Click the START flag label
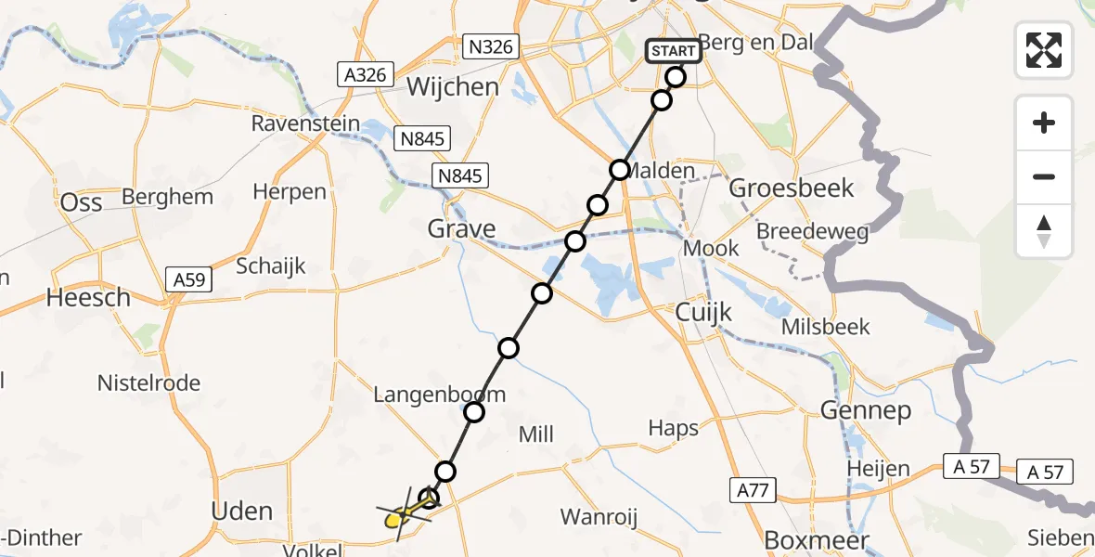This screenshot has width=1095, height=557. [674, 50]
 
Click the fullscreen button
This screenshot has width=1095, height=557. [1044, 50]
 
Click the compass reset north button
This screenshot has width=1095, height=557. [1044, 231]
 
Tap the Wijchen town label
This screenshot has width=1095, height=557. [452, 87]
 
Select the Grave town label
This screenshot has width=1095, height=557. [461, 228]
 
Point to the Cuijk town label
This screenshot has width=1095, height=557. [703, 312]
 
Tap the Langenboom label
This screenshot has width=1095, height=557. [439, 395]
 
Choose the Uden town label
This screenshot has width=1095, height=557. [242, 511]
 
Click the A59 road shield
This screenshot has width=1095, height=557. [189, 278]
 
